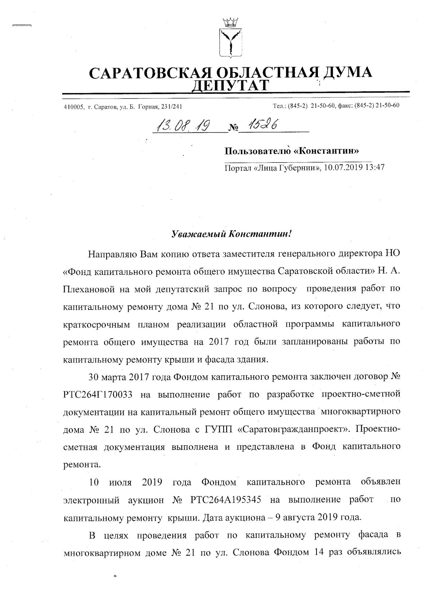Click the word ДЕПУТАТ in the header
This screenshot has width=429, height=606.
click(230, 85)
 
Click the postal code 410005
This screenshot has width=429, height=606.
click(74, 107)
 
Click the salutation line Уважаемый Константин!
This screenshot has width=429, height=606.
click(232, 234)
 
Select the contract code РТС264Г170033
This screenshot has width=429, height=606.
click(98, 394)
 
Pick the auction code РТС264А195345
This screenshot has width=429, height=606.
click(226, 500)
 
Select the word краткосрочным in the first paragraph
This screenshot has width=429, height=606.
click(97, 324)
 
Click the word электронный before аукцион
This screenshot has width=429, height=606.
click(92, 500)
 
